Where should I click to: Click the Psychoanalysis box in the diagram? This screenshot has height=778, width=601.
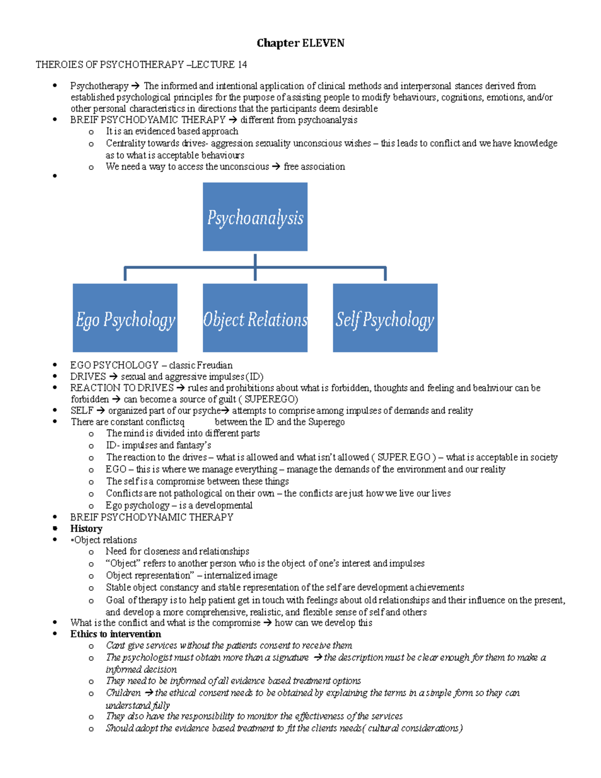[255, 217]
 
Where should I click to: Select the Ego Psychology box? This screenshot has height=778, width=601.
[125, 318]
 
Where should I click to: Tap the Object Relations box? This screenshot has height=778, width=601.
[255, 318]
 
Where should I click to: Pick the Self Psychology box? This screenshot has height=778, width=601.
[385, 318]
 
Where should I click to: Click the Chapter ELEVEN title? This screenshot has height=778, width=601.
[300, 43]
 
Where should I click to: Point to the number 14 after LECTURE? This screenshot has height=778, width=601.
[242, 65]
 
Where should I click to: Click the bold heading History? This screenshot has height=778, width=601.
[86, 529]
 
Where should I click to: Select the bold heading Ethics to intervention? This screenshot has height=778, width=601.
[116, 634]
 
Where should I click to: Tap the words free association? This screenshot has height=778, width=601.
[314, 167]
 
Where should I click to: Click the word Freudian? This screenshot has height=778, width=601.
[214, 365]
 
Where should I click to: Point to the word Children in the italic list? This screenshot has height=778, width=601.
[123, 693]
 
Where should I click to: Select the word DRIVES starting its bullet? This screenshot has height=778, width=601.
[88, 376]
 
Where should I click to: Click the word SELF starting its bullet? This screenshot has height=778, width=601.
[82, 411]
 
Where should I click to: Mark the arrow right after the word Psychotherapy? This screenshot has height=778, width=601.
[136, 86]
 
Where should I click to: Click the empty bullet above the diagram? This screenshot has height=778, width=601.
[55, 176]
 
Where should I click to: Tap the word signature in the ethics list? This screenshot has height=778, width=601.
[290, 657]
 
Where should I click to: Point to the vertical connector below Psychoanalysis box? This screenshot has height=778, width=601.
[255, 267]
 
